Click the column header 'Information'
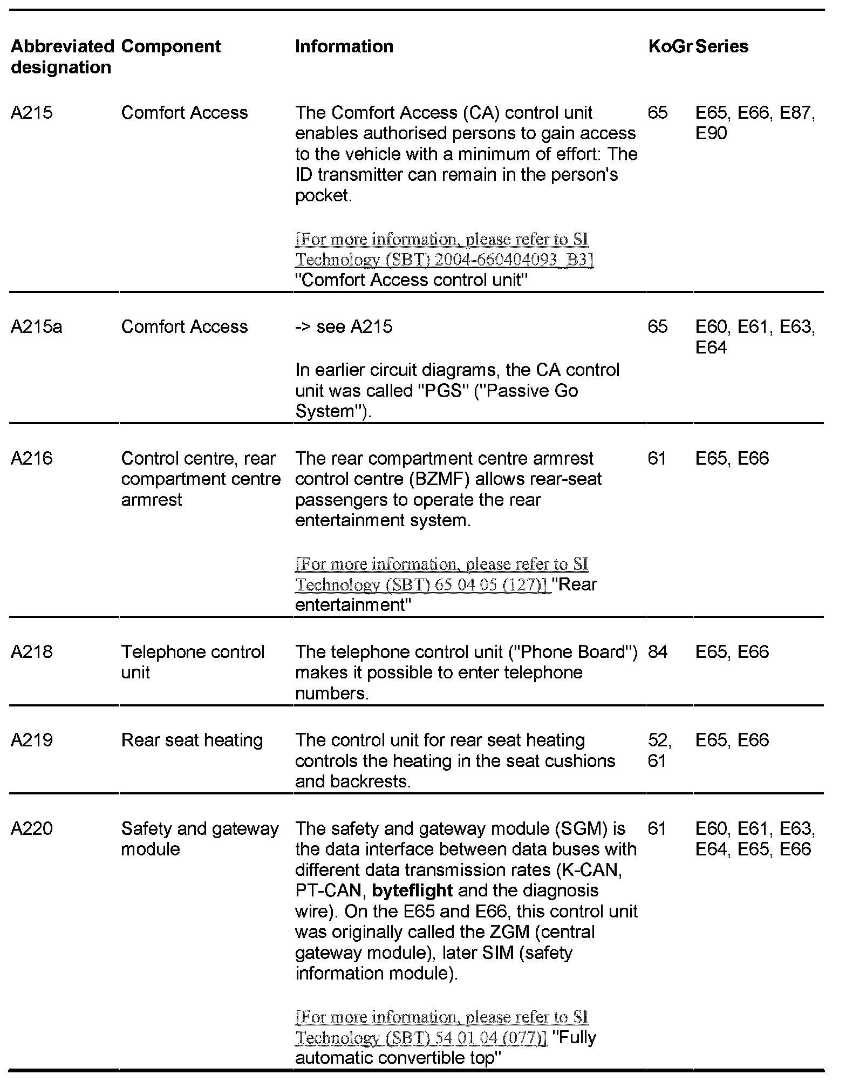[x=344, y=46]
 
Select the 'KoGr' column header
[x=670, y=46]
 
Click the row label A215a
[x=36, y=327]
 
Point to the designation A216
[x=32, y=459]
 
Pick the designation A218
[x=32, y=652]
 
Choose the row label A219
[x=32, y=740]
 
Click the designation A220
[x=32, y=828]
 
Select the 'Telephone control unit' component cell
[x=193, y=662]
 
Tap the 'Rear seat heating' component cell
[x=192, y=740]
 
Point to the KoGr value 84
[x=658, y=652]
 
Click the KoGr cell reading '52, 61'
[x=659, y=751]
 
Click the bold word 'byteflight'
[x=412, y=891]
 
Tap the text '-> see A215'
[x=344, y=327]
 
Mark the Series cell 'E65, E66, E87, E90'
[x=755, y=123]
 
